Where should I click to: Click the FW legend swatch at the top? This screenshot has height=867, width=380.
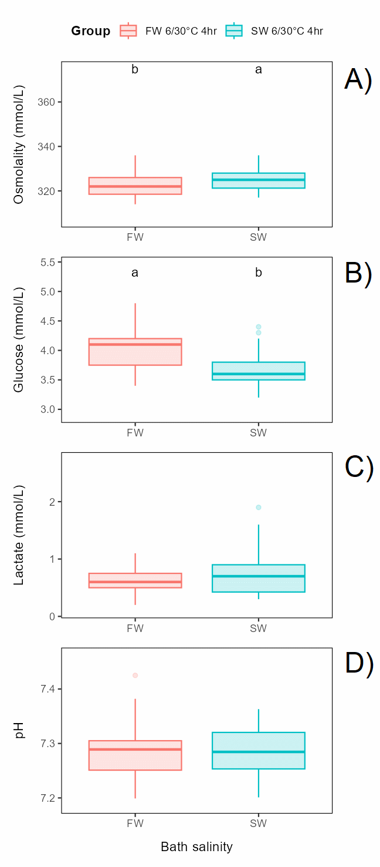[128, 31]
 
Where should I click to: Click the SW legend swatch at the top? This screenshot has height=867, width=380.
[234, 31]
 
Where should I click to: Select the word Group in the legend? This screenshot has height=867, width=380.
[90, 31]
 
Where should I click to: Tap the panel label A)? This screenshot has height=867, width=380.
[358, 80]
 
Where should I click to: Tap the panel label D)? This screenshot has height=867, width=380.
[358, 664]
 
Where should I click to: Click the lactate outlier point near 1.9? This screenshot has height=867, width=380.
[259, 508]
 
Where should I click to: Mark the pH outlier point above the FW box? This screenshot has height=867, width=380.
[135, 676]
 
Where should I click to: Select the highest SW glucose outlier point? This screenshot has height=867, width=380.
[259, 327]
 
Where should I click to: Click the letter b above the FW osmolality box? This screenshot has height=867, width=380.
[135, 70]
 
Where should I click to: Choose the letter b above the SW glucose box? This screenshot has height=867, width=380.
[259, 273]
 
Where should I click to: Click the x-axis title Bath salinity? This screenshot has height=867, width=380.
[196, 846]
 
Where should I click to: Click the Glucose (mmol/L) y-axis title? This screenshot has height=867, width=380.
[19, 340]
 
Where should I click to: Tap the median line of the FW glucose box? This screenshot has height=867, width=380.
[135, 344]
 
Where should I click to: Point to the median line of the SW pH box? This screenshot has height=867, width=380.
[259, 752]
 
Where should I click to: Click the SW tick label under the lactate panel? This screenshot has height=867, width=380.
[259, 629]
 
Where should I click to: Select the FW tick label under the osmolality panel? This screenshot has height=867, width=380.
[135, 237]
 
